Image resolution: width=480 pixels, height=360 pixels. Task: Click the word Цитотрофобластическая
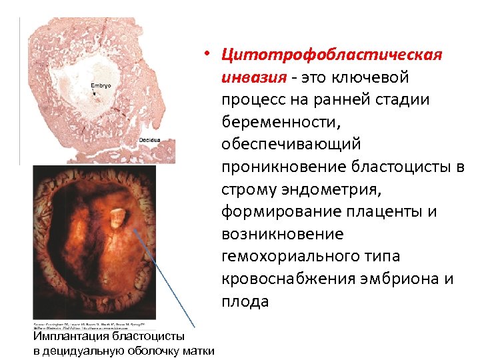point(332,54)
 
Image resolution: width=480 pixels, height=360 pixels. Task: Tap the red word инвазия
point(253,77)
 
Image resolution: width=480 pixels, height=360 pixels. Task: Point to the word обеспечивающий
point(291,144)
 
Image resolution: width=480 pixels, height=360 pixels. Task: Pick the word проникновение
point(289,167)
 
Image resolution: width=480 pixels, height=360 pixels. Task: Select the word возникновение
point(283,234)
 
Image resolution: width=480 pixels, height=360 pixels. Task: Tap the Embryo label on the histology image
point(101,87)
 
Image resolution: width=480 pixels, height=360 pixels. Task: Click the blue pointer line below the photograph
point(167,280)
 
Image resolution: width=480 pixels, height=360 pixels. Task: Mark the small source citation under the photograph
point(94,326)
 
